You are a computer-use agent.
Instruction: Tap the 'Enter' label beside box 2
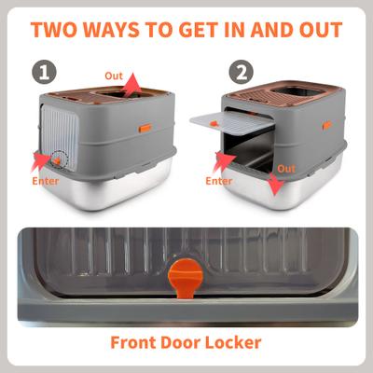coord(219,181)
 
